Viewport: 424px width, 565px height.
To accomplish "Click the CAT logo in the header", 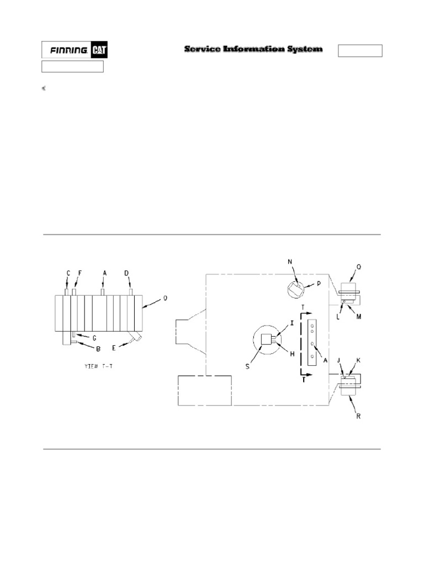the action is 99,50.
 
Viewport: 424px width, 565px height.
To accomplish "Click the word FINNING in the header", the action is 68,50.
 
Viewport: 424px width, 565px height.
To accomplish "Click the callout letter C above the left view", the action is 68,273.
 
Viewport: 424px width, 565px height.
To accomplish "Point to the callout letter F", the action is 79,273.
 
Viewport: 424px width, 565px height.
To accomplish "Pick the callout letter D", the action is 126,273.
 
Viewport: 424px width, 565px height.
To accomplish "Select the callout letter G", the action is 94,337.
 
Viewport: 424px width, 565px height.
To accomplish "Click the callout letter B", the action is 98,348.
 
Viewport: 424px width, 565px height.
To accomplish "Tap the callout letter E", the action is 114,348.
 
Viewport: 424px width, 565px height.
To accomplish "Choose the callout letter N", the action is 289,261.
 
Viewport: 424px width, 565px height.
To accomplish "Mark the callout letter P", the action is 319,284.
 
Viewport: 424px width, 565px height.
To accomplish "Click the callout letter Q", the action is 359,266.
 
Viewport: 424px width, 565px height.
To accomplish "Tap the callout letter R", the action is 358,417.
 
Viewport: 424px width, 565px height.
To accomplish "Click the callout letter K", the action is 358,360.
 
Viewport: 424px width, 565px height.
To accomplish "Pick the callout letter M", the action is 359,317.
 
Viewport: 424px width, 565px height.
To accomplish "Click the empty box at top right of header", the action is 360,51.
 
